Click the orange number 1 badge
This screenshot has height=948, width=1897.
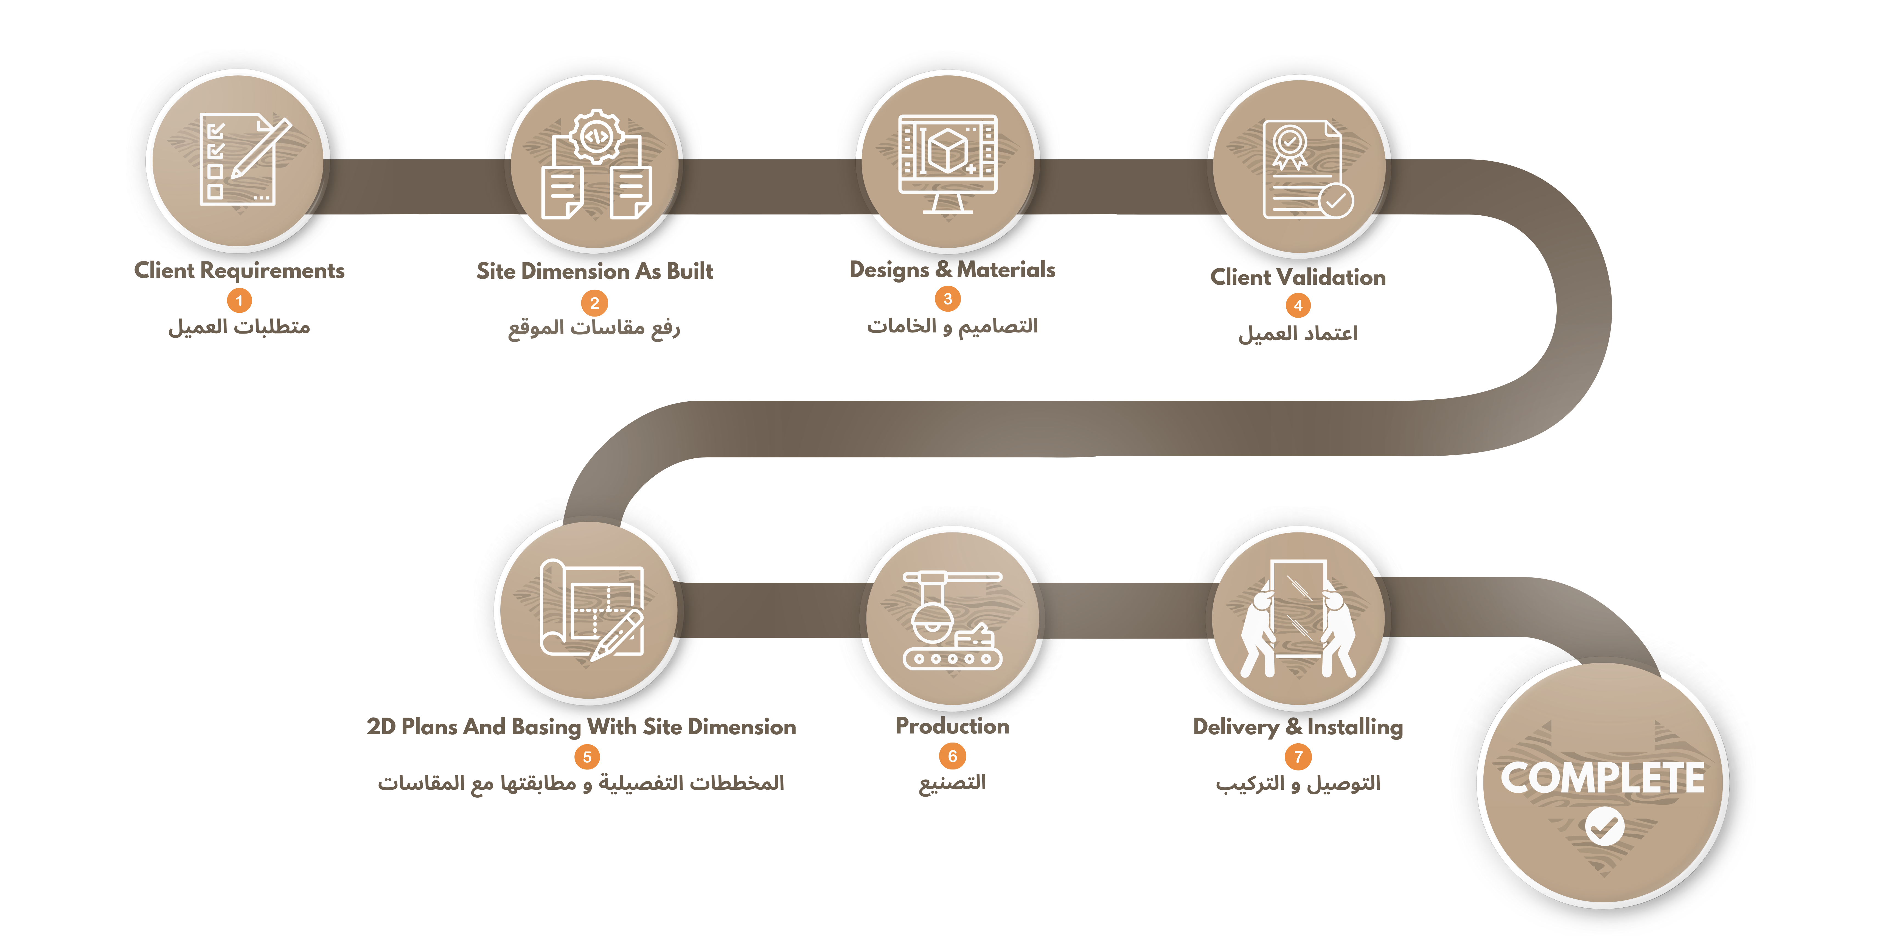(238, 300)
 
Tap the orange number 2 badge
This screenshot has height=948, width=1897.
(594, 303)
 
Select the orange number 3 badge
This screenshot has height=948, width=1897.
(948, 299)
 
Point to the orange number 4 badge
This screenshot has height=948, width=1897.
(1298, 306)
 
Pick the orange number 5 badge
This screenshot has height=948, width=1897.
(587, 757)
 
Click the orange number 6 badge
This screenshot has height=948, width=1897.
(952, 756)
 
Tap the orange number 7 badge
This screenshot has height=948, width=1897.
(1298, 757)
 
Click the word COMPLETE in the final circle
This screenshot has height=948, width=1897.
(1603, 778)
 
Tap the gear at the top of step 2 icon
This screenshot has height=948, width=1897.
(596, 136)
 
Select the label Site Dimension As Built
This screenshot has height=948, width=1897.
(594, 272)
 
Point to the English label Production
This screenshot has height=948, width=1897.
(952, 726)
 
